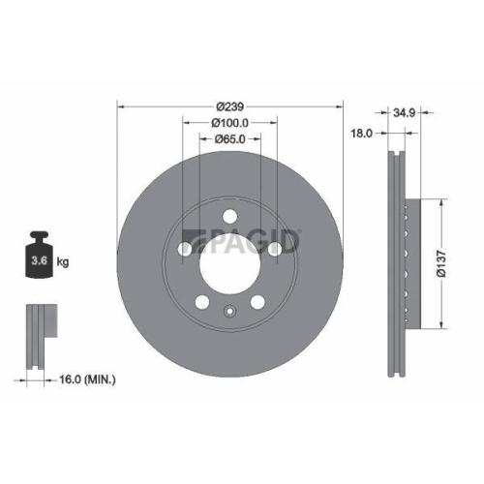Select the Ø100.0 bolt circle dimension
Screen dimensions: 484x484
[x=230, y=122]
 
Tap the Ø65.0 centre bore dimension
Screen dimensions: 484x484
[x=229, y=139]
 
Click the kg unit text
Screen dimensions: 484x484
[x=63, y=261]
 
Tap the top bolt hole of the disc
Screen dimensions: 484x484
[x=229, y=216]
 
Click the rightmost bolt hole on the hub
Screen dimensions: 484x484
[x=275, y=249]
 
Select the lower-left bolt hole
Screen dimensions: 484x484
[x=201, y=302]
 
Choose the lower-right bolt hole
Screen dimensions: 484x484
[x=257, y=302]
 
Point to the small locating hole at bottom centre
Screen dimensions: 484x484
[x=229, y=312]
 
